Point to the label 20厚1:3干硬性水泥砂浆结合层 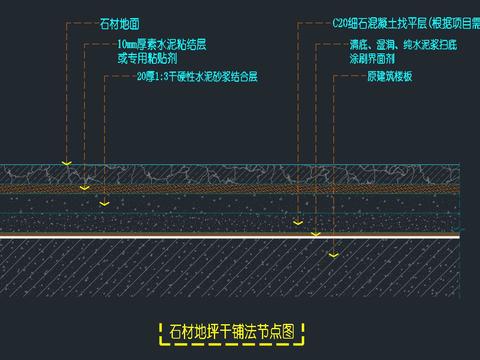[196, 76]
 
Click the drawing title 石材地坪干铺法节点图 [233, 332]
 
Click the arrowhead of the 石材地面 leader [66, 162]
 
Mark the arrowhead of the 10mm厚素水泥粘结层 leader [85, 186]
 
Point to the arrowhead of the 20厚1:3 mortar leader [104, 203]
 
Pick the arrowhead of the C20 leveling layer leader [297, 223]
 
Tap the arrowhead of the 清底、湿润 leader [315, 234]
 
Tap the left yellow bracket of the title [163, 332]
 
